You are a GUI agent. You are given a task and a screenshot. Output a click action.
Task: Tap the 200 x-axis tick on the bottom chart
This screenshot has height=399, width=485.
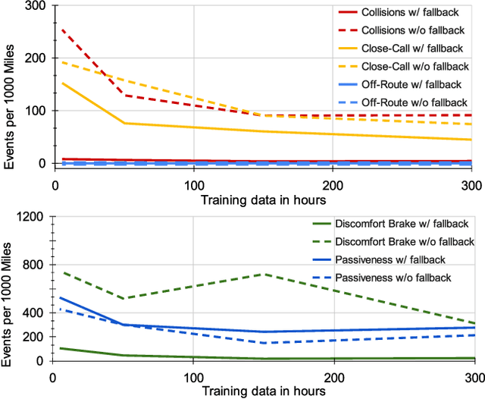[334, 376]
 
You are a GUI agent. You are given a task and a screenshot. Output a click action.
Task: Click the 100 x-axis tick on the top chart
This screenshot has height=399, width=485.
[194, 184]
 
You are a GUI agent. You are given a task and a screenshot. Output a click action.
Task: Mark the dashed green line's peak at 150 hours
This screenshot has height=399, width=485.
[264, 274]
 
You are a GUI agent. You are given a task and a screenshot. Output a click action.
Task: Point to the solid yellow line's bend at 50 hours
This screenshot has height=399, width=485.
[124, 123]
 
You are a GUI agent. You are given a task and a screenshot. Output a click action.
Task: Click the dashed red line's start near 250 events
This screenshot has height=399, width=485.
[61, 30]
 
